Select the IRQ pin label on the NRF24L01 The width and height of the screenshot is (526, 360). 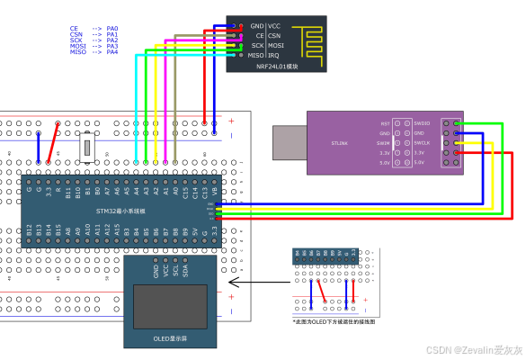click(273, 55)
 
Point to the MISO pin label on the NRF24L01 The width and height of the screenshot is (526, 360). click(256, 55)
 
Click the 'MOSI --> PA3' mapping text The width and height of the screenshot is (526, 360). click(94, 46)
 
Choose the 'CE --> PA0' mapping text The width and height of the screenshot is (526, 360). click(94, 28)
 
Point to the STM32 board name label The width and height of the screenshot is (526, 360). click(121, 210)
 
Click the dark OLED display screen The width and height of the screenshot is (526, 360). click(171, 307)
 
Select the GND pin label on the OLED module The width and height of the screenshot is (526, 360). click(156, 269)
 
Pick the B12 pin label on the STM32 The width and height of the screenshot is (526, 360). click(29, 231)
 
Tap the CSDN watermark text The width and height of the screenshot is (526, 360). click(474, 349)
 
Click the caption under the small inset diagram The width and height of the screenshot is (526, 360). click(334, 321)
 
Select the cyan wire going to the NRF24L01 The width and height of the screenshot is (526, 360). click(135, 90)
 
